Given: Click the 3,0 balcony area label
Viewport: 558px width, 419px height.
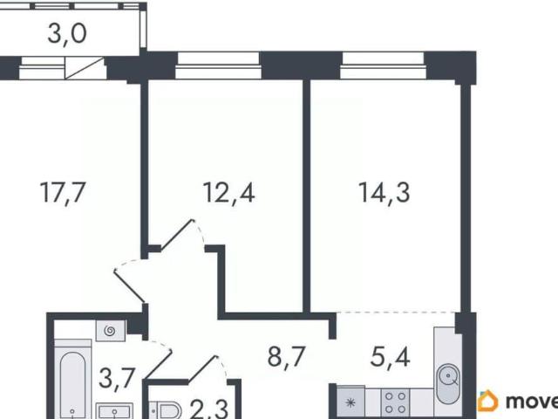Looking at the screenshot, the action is pyautogui.click(x=67, y=35).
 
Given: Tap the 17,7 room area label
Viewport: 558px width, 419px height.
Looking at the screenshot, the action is pyautogui.click(x=63, y=192).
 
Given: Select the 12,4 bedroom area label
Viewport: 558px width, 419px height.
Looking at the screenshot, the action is pyautogui.click(x=228, y=193).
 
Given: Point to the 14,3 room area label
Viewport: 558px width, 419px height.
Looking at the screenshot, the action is pyautogui.click(x=384, y=193).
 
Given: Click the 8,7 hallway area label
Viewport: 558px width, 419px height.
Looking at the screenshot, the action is pyautogui.click(x=287, y=357).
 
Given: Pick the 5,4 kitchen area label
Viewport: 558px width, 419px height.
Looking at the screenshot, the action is pyautogui.click(x=390, y=357).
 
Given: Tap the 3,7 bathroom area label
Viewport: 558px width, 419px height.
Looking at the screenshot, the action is pyautogui.click(x=117, y=379).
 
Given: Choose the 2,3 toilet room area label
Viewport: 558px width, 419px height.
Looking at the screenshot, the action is pyautogui.click(x=209, y=409).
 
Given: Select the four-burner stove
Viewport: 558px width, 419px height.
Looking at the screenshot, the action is pyautogui.click(x=395, y=402).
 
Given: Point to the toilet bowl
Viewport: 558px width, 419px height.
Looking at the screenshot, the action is pyautogui.click(x=165, y=410).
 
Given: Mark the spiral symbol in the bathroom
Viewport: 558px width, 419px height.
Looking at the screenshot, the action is pyautogui.click(x=110, y=332).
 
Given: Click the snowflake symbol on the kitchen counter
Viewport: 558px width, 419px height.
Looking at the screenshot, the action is pyautogui.click(x=350, y=403).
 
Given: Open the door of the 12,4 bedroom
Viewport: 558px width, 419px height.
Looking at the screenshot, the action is pyautogui.click(x=177, y=234).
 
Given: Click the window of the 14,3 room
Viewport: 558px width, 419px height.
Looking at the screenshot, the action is pyautogui.click(x=383, y=65).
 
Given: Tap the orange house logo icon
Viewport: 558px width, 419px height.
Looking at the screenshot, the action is pyautogui.click(x=487, y=402).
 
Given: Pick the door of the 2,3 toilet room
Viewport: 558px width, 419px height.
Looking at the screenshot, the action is pyautogui.click(x=202, y=368).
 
